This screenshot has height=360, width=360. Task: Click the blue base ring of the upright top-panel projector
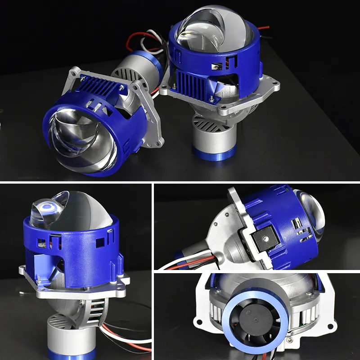click(214, 153)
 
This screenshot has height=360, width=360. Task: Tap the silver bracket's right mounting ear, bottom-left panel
click(124, 281)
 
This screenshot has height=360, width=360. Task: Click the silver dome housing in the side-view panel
click(225, 243)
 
